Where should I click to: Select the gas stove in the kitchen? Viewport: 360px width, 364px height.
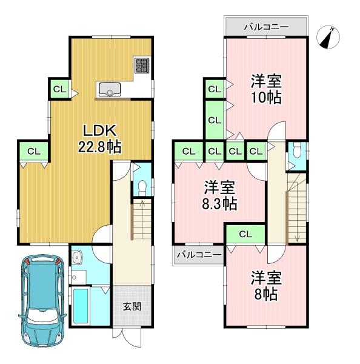coord(143,65)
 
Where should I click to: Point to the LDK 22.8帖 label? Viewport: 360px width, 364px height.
coord(96,139)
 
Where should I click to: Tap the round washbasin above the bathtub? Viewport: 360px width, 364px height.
coord(76,260)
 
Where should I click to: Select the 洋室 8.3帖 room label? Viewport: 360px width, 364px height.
coord(219,196)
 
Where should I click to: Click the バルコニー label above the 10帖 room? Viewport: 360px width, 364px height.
coord(265,27)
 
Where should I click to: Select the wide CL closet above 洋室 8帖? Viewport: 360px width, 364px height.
coord(245,234)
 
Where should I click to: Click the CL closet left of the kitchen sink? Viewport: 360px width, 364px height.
coord(59,89)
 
